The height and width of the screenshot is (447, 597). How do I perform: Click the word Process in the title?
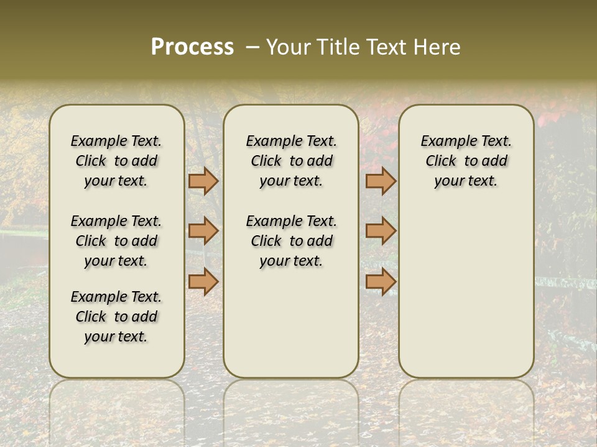pyautogui.click(x=192, y=47)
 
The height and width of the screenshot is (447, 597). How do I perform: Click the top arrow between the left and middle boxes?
pyautogui.click(x=203, y=181)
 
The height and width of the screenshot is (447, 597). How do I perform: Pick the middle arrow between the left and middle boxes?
pyautogui.click(x=203, y=231)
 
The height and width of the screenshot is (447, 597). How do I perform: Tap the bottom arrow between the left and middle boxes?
pyautogui.click(x=203, y=281)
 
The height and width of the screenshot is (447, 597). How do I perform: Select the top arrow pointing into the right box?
pyautogui.click(x=381, y=181)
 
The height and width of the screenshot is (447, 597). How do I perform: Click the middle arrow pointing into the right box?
pyautogui.click(x=381, y=231)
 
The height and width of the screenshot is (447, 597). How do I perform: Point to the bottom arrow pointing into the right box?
pyautogui.click(x=381, y=281)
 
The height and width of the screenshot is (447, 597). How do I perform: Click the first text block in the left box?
pyautogui.click(x=116, y=161)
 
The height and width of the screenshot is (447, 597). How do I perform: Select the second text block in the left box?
pyautogui.click(x=116, y=241)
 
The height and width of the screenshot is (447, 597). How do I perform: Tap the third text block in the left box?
pyautogui.click(x=116, y=317)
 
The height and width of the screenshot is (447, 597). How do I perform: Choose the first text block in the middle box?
pyautogui.click(x=291, y=161)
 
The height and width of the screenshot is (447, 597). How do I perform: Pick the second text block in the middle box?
pyautogui.click(x=291, y=241)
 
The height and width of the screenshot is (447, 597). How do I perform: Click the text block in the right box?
pyautogui.click(x=466, y=161)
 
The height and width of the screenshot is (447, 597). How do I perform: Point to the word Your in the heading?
pyautogui.click(x=288, y=47)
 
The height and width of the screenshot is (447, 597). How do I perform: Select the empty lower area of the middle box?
pyautogui.click(x=291, y=323)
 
